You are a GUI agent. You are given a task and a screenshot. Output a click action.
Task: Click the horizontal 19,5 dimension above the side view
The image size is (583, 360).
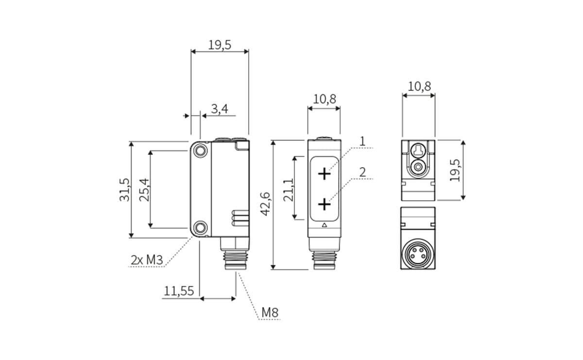[x=220, y=45]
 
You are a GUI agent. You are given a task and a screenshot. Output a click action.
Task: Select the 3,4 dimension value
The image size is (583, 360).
[x=220, y=109]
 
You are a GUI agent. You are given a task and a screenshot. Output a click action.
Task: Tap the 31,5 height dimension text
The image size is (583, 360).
[x=125, y=189]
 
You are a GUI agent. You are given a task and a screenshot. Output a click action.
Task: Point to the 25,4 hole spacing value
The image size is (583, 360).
[x=144, y=189]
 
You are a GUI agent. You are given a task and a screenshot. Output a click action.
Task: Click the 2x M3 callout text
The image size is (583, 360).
[x=147, y=260]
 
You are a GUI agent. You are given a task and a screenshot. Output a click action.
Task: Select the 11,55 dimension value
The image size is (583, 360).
[x=179, y=291]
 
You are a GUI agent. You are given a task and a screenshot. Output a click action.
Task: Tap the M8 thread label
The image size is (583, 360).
[x=270, y=312]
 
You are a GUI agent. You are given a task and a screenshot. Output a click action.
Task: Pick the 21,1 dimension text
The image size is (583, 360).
[x=289, y=189]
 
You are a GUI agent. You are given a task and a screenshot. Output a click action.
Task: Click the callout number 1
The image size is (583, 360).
[x=362, y=141]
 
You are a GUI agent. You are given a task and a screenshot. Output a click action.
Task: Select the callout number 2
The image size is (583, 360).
[x=362, y=172]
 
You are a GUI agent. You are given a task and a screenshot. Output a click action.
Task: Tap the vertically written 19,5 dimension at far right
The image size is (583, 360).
[x=455, y=170]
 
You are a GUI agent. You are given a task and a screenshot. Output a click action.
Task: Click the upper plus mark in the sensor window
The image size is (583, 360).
[x=324, y=173]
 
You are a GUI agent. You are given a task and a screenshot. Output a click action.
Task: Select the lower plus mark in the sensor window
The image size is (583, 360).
[x=324, y=205]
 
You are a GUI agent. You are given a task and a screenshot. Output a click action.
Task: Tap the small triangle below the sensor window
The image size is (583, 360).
[x=324, y=225]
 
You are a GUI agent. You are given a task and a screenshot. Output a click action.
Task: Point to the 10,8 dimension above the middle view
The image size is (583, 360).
[x=325, y=99]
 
